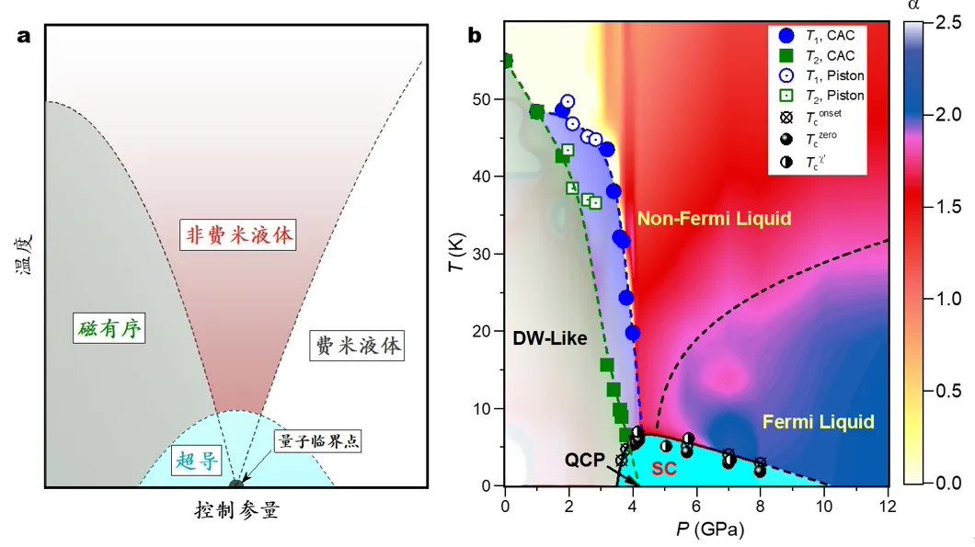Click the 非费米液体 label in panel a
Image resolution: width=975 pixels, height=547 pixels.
coord(237,236)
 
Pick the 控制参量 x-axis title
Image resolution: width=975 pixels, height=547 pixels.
coord(236,509)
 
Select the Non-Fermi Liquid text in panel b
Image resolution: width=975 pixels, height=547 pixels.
coord(714,219)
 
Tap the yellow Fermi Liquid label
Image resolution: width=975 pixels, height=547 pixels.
coord(818,422)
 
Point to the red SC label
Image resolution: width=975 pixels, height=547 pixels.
coord(664,468)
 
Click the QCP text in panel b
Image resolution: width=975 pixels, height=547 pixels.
coord(585,459)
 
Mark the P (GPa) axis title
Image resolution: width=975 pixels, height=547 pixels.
coord(697,530)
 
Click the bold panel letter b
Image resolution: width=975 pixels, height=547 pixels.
coord(476,37)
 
